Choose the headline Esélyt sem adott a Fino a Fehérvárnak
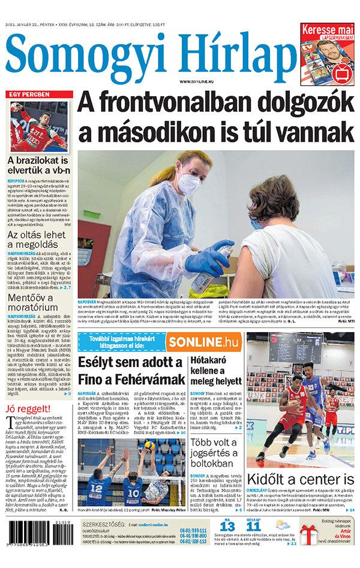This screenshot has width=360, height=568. click(x=131, y=371)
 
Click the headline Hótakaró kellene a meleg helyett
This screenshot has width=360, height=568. click(x=216, y=371)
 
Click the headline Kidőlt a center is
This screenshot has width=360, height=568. click(x=300, y=479)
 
